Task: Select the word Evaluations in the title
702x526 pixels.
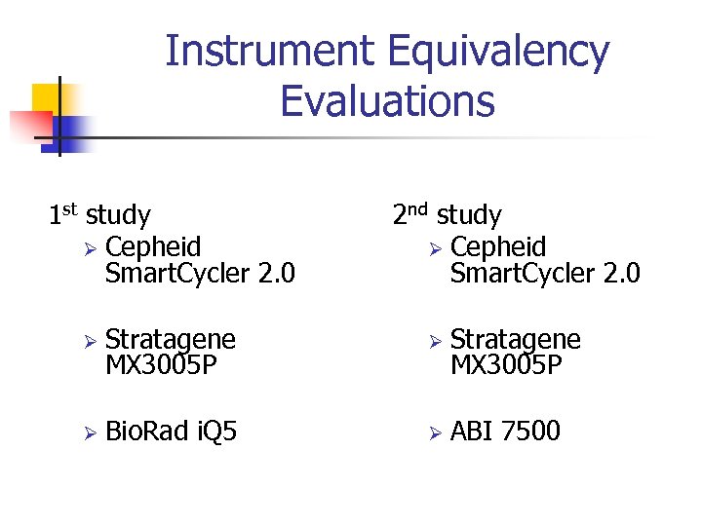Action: [387, 99]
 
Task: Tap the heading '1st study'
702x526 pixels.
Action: [99, 214]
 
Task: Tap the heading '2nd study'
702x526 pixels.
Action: [447, 214]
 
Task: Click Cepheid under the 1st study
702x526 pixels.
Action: [153, 246]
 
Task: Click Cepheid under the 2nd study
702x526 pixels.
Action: [498, 246]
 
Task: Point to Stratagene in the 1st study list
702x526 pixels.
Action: [170, 339]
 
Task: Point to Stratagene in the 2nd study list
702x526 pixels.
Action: [515, 339]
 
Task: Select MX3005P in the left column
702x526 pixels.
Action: [160, 365]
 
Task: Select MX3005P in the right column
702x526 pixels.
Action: [505, 365]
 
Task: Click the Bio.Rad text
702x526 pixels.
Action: [147, 431]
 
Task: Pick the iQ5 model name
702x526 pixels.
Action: [215, 431]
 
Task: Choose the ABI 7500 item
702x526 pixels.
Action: [505, 431]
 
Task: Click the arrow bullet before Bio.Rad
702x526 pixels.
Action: [87, 432]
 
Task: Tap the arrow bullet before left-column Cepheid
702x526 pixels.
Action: [87, 247]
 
